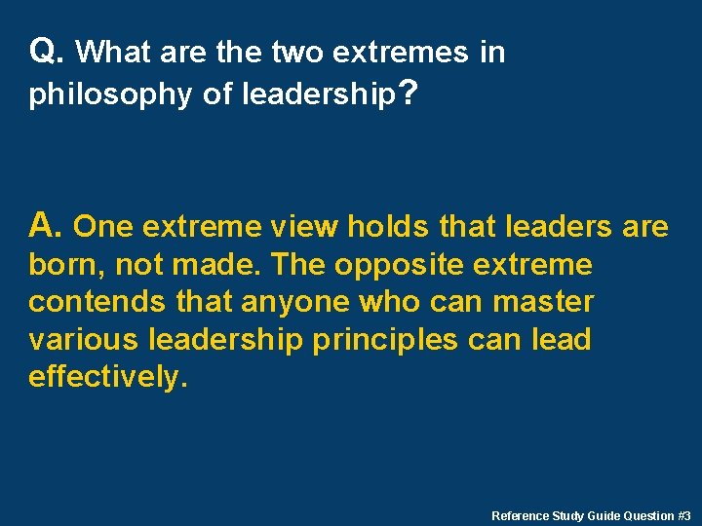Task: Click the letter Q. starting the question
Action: [48, 51]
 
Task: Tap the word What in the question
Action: [111, 53]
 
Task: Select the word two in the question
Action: [295, 53]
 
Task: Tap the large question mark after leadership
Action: [409, 93]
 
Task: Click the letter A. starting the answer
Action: [47, 226]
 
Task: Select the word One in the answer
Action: [105, 228]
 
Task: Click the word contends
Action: [97, 303]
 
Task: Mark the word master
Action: [543, 303]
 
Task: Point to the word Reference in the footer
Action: [521, 515]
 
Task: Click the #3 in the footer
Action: [683, 515]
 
